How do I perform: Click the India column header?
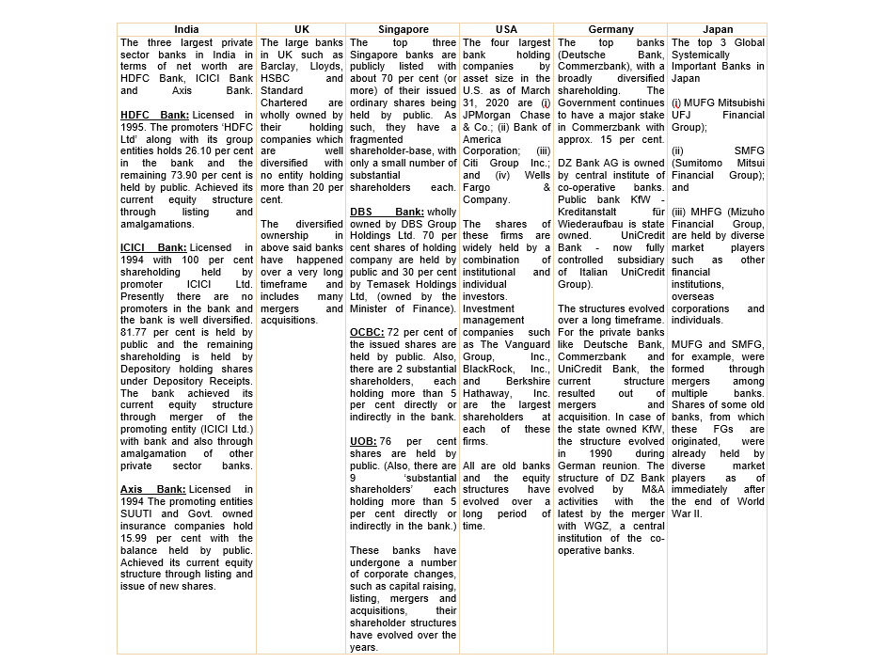(x=186, y=30)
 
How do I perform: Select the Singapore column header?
(x=404, y=30)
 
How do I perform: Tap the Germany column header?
(x=610, y=30)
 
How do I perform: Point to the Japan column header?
(x=717, y=30)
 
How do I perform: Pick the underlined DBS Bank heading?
(x=386, y=213)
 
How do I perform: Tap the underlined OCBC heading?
(x=366, y=332)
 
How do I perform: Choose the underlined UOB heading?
(x=364, y=440)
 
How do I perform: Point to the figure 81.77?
(x=135, y=331)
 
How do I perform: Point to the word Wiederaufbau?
(x=592, y=224)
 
